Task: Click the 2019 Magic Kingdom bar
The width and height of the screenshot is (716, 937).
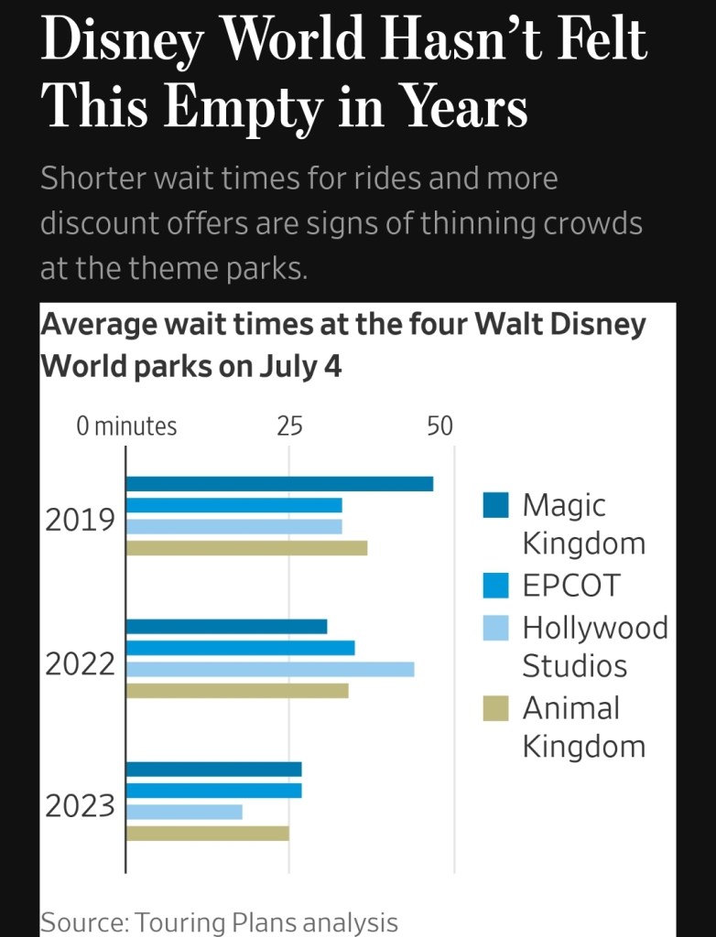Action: coord(279,484)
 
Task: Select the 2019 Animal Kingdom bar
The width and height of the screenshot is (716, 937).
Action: coord(246,548)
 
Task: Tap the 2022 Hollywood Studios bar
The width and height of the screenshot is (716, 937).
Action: coord(270,669)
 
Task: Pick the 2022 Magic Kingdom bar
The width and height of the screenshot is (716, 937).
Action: coord(226,627)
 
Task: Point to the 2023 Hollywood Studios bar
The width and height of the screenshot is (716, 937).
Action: coord(184,812)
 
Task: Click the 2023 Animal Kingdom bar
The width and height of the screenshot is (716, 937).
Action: coord(207,833)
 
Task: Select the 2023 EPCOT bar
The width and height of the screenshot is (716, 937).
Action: coord(213,791)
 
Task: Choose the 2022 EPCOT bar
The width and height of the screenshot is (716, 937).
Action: coord(240,648)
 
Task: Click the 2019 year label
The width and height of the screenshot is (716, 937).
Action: coord(81,520)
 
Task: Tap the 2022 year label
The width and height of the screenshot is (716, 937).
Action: coord(81,663)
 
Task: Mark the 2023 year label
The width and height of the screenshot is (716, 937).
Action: coord(81,806)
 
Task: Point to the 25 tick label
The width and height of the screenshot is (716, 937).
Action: coord(289,426)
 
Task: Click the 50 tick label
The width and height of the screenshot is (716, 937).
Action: coord(439,426)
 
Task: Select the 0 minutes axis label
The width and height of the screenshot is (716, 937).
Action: coord(126,426)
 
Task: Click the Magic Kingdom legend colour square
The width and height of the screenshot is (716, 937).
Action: coord(495,505)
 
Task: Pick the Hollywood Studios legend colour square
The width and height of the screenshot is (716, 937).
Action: coord(495,628)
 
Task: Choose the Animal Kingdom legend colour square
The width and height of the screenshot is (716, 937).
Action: coord(495,708)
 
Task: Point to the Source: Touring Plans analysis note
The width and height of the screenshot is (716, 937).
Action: coord(219,922)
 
